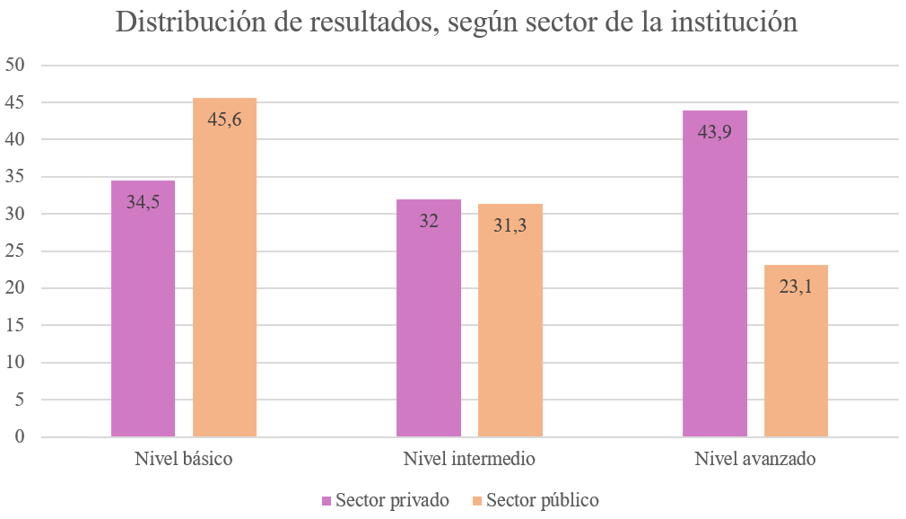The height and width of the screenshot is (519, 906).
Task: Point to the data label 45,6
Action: pyautogui.click(x=224, y=118)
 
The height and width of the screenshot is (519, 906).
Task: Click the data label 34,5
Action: pyautogui.click(x=143, y=202)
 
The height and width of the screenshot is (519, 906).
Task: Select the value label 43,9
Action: pyautogui.click(x=714, y=131)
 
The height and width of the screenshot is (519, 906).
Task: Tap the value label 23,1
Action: pyautogui.click(x=796, y=286)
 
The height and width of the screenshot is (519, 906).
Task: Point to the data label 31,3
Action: pyautogui.click(x=510, y=225)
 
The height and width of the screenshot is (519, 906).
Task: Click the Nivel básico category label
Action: pyautogui.click(x=184, y=459)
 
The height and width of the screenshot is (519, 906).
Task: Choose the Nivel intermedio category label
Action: pyautogui.click(x=469, y=459)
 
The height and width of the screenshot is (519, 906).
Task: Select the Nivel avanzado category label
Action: pyautogui.click(x=755, y=459)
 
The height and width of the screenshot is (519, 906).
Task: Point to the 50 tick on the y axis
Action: pyautogui.click(x=18, y=65)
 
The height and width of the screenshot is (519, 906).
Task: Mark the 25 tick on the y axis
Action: pyautogui.click(x=18, y=251)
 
